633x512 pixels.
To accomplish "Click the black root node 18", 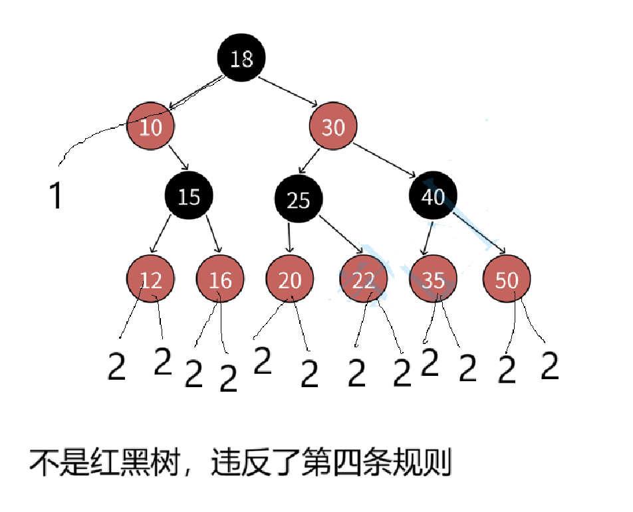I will [x=241, y=58].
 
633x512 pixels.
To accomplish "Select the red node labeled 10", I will [x=151, y=126].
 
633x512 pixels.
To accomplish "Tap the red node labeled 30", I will [x=333, y=126].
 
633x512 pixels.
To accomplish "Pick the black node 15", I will [x=190, y=197].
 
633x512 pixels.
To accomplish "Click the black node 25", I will [x=299, y=199].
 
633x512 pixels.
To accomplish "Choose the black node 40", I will [x=433, y=197].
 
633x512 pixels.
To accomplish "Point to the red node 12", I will [x=151, y=280].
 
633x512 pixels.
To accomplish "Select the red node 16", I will [x=220, y=280].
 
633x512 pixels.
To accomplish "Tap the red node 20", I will [x=289, y=280].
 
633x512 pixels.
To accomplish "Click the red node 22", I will [x=363, y=280].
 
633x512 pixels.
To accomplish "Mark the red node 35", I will [x=433, y=280].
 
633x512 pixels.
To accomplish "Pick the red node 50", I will [x=507, y=280].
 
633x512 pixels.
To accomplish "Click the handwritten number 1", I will [x=57, y=197].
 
